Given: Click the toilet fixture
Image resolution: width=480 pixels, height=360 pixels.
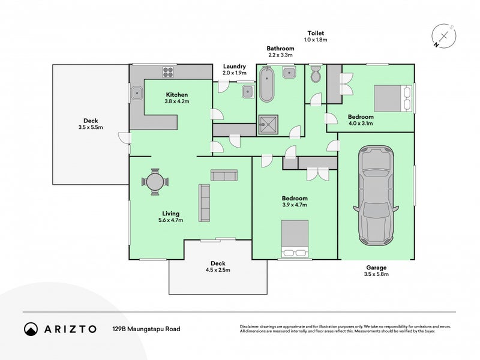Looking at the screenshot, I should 316,76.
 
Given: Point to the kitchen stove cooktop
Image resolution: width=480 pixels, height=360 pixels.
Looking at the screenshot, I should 168,73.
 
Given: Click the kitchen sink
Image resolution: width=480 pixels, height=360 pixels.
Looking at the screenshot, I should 137,93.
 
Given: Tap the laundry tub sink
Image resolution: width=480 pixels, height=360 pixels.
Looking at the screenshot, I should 247,92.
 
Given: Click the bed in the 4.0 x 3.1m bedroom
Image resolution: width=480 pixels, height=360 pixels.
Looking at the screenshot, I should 394,98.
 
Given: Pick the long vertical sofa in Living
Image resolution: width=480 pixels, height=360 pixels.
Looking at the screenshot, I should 205,202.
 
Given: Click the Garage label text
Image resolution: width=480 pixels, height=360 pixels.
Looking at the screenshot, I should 377,268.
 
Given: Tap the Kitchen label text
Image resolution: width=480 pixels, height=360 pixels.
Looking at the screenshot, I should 177,95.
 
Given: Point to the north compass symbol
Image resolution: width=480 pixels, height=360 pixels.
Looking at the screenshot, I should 442,35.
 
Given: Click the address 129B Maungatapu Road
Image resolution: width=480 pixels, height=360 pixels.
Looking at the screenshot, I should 146,329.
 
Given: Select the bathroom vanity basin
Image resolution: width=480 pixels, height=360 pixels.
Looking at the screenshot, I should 290,74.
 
